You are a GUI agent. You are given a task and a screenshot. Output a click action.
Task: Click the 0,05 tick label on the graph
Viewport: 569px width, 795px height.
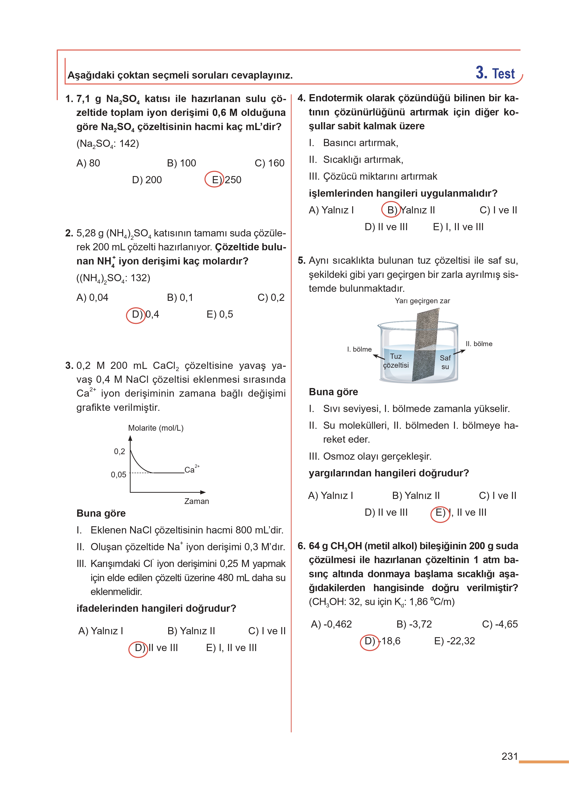click(x=118, y=475)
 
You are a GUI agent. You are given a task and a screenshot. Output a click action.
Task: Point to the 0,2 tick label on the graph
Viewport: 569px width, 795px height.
click(x=120, y=452)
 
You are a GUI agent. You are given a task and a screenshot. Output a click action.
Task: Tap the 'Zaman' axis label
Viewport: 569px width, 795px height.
click(x=196, y=501)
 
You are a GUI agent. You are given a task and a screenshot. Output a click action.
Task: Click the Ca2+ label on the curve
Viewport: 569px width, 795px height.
click(x=191, y=469)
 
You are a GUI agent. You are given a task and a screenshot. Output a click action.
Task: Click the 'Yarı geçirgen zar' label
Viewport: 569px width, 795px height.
click(x=422, y=301)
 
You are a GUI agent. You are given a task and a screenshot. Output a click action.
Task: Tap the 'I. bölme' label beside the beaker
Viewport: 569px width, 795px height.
click(x=359, y=349)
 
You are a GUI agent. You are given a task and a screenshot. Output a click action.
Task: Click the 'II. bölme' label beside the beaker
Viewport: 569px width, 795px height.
click(x=479, y=344)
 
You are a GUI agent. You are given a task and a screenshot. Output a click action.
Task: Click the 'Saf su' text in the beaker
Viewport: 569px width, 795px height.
click(x=445, y=362)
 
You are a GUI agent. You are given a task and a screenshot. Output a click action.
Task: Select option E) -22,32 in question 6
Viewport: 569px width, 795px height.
click(x=454, y=641)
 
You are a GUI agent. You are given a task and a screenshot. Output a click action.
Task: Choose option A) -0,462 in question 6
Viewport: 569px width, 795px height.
click(x=331, y=624)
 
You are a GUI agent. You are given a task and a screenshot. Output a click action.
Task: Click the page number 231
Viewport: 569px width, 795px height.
click(x=509, y=756)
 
